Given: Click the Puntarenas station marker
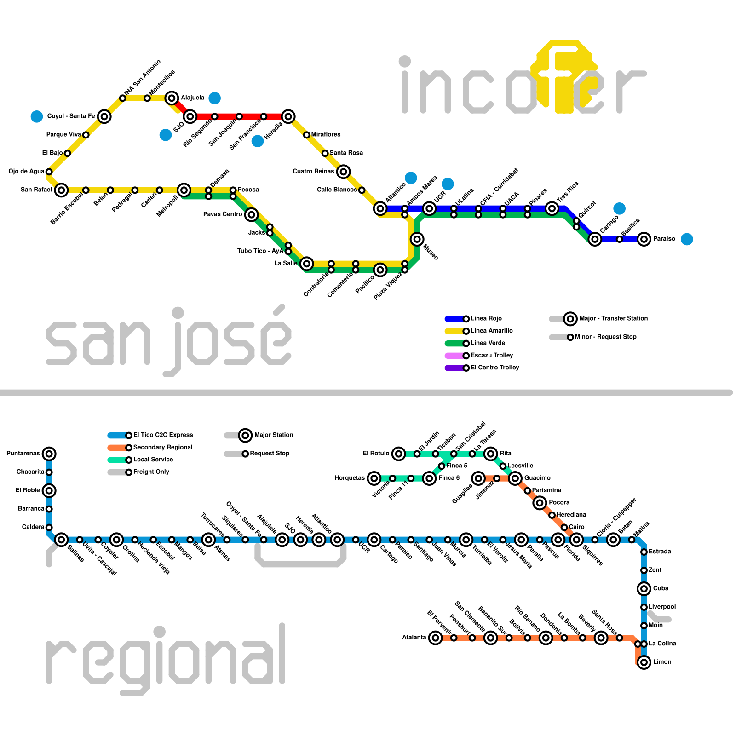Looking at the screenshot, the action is click(x=49, y=454).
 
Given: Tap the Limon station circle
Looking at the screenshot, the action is click(x=644, y=662).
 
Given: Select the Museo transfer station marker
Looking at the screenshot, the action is click(x=417, y=239).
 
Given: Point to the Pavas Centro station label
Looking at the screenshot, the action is click(x=223, y=214).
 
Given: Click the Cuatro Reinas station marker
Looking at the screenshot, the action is click(x=343, y=172).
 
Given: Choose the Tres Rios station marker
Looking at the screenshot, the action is click(x=552, y=209).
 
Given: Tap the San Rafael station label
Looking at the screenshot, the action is click(x=36, y=190).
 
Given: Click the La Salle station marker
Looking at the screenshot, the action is click(x=307, y=264).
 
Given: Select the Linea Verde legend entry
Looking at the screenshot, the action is click(x=478, y=343).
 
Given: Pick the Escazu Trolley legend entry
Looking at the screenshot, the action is click(x=478, y=356).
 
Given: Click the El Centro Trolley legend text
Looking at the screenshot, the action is click(x=495, y=368).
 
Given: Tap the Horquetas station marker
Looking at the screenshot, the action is click(x=374, y=478).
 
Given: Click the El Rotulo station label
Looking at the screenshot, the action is click(x=376, y=454).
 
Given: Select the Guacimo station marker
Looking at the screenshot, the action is click(x=515, y=478).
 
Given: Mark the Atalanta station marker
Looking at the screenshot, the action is click(x=435, y=638).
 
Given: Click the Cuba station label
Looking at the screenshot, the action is click(x=661, y=588).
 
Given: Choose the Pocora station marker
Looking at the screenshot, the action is click(x=540, y=503).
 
